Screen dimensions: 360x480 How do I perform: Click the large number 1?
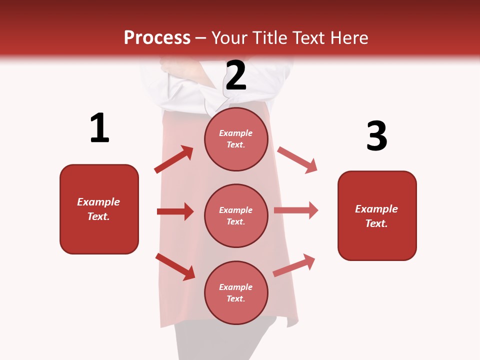(x=99, y=128)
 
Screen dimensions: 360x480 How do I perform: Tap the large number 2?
(x=236, y=75)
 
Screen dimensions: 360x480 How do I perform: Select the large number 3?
(x=376, y=136)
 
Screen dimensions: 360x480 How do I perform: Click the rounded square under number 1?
(x=99, y=209)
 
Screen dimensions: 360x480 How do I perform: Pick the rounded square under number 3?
(x=377, y=215)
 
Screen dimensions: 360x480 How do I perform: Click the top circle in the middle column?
(x=236, y=139)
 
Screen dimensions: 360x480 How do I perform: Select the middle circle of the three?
(x=236, y=215)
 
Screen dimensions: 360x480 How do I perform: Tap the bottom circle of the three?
(x=236, y=292)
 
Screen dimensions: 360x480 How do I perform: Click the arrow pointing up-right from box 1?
(x=174, y=159)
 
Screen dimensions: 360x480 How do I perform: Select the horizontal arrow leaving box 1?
(x=175, y=211)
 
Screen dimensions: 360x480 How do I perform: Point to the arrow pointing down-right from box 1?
(x=175, y=266)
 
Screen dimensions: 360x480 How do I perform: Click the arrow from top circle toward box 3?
(x=297, y=160)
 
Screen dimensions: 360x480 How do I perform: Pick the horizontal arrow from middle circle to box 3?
(x=296, y=210)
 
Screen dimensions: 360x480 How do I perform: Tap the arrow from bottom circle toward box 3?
(x=294, y=265)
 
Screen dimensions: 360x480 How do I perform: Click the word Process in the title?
(x=157, y=37)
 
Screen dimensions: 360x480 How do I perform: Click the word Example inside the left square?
(x=98, y=202)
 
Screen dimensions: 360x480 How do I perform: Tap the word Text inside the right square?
(x=376, y=223)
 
